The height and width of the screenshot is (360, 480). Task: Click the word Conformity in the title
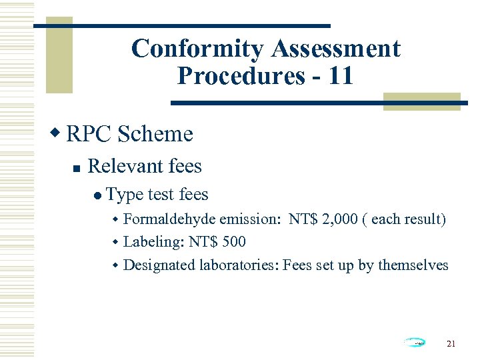click(x=198, y=49)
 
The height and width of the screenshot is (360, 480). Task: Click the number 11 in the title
click(x=341, y=75)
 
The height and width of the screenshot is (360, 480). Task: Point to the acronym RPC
click(x=89, y=134)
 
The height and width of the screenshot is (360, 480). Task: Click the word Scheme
click(x=155, y=134)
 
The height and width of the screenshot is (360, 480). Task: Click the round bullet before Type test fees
click(x=98, y=195)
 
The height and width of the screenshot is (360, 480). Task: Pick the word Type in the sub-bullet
click(x=125, y=195)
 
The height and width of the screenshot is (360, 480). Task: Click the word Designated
click(x=159, y=265)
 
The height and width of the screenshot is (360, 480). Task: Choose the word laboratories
click(x=238, y=265)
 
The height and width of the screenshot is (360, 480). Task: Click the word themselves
click(x=413, y=265)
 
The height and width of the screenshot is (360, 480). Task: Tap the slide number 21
click(x=451, y=343)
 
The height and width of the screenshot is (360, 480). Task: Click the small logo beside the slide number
click(x=414, y=343)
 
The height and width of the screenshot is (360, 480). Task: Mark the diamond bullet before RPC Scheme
click(x=57, y=133)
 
